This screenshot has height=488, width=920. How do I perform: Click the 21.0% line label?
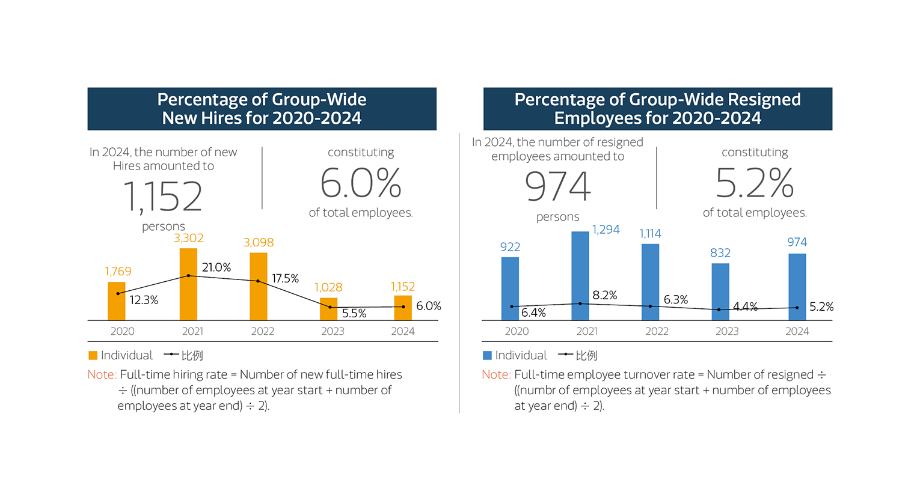click(x=216, y=268)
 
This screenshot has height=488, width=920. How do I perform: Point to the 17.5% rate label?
click(x=285, y=279)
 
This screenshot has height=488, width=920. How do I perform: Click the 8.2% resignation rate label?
click(x=605, y=295)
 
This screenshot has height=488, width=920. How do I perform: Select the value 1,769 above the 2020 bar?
click(x=118, y=272)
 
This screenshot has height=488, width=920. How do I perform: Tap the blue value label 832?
click(x=720, y=253)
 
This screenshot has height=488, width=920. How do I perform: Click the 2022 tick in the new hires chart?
click(x=263, y=331)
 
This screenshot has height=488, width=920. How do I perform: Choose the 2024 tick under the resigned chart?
click(x=797, y=331)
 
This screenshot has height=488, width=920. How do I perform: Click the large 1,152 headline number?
click(x=163, y=197)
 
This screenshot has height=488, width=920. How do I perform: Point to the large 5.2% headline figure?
click(x=755, y=183)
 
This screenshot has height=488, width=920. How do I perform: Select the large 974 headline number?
click(x=558, y=187)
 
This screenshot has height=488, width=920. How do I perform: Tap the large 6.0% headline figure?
click(x=361, y=183)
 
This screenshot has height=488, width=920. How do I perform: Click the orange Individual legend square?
click(x=93, y=356)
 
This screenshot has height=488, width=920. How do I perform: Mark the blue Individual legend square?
click(x=488, y=356)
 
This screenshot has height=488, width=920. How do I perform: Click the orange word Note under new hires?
click(x=101, y=375)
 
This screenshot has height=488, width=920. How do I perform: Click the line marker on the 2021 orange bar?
click(x=189, y=276)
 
